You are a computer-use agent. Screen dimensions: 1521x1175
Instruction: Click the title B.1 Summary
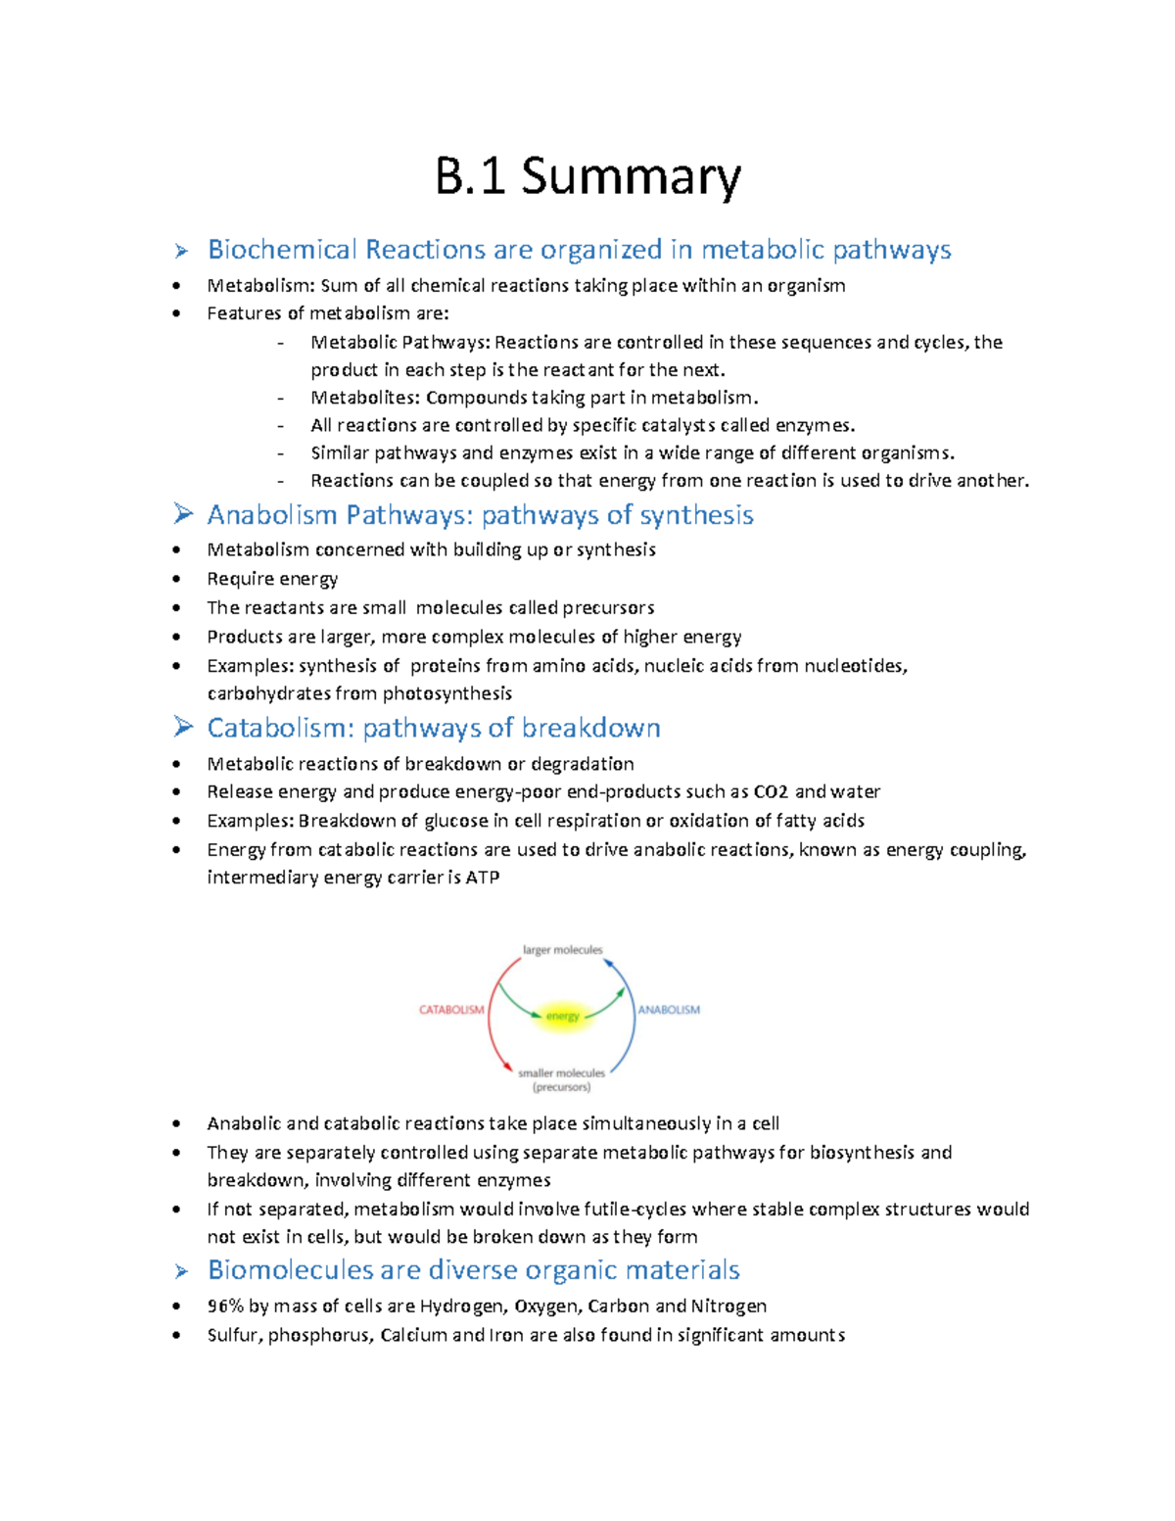[x=587, y=177]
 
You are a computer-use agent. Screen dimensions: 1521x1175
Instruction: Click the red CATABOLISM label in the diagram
[x=451, y=1010]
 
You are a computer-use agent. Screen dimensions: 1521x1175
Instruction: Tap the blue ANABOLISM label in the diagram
[x=670, y=1010]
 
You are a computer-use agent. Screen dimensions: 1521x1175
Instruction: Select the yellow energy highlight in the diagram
[x=563, y=1017]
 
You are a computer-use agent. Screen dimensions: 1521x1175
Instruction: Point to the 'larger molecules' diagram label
[x=562, y=950]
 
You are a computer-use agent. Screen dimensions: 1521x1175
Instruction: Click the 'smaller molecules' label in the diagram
[x=561, y=1073]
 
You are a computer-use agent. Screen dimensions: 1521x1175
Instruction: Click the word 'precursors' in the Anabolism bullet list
[x=608, y=608]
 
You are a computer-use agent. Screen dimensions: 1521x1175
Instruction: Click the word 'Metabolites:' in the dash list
[x=365, y=398]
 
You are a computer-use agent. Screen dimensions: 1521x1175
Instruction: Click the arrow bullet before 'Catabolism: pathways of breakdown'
[x=182, y=728]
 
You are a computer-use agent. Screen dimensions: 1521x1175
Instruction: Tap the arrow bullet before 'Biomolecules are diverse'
[x=181, y=1271]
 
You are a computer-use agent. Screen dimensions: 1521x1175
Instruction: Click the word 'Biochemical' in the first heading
[x=282, y=250]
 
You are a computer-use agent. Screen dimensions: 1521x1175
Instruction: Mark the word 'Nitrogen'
[x=728, y=1307]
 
